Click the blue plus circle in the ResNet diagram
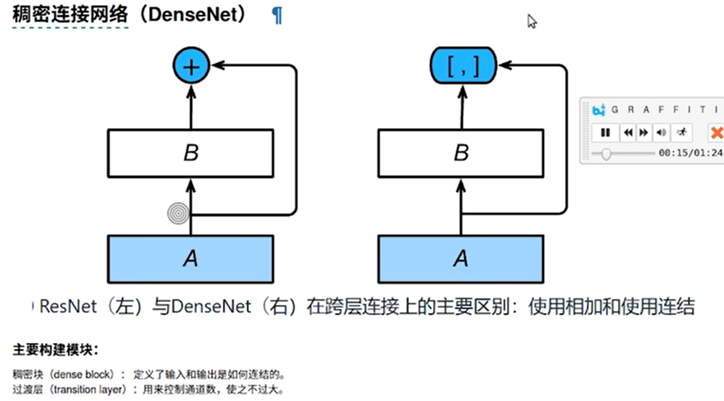pos(191,66)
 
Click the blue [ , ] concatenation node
pos(463,66)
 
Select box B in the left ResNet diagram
pos(190,153)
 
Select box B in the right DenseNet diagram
pos(461,153)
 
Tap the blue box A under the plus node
pos(190,259)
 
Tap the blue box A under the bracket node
pos(460,259)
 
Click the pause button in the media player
pos(605,132)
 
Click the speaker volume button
pos(661,132)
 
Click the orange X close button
pos(716,132)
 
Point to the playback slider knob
pos(606,154)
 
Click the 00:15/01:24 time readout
pos(691,153)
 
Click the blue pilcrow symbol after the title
pos(277,16)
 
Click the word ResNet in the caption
pos(67,307)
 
